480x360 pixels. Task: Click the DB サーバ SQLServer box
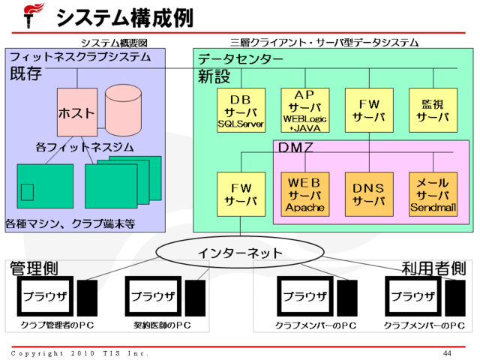240,109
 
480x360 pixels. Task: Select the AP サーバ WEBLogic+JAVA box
304,109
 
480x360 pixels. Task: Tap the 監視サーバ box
433,109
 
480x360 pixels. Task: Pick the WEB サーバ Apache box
304,194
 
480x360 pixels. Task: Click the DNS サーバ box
368,194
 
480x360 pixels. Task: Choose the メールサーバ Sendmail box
433,194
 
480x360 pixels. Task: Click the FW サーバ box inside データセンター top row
368,109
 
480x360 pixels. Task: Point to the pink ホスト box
76,112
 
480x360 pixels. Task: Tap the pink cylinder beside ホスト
121,109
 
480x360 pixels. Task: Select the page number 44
447,353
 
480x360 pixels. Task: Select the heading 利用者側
433,268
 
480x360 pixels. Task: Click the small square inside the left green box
28,192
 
